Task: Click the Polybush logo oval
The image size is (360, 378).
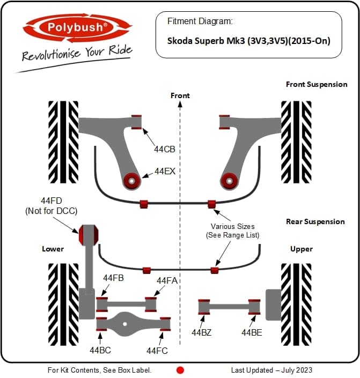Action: click(x=77, y=27)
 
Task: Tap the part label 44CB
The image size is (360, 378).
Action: click(x=165, y=149)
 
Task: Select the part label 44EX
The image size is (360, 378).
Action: click(x=165, y=171)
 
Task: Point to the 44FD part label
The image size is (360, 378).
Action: click(x=52, y=201)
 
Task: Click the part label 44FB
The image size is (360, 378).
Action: click(x=113, y=278)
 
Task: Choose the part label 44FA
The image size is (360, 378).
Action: click(x=167, y=280)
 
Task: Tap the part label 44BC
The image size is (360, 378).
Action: click(x=100, y=350)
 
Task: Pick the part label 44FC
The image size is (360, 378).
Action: click(x=157, y=351)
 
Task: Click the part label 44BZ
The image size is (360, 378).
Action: click(x=202, y=332)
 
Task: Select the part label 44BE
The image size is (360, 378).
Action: click(x=252, y=332)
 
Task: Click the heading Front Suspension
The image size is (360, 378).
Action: click(x=317, y=84)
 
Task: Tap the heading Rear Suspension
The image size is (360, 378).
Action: click(x=315, y=221)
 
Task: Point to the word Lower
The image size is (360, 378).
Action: click(x=53, y=249)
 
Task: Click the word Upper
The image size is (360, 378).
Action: click(x=302, y=249)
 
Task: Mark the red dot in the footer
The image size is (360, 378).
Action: click(x=180, y=370)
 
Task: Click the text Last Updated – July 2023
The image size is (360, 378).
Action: click(x=271, y=370)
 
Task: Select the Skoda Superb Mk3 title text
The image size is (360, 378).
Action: click(x=249, y=41)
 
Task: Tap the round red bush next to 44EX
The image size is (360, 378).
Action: click(x=132, y=181)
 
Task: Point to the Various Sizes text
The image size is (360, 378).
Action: click(x=233, y=226)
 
